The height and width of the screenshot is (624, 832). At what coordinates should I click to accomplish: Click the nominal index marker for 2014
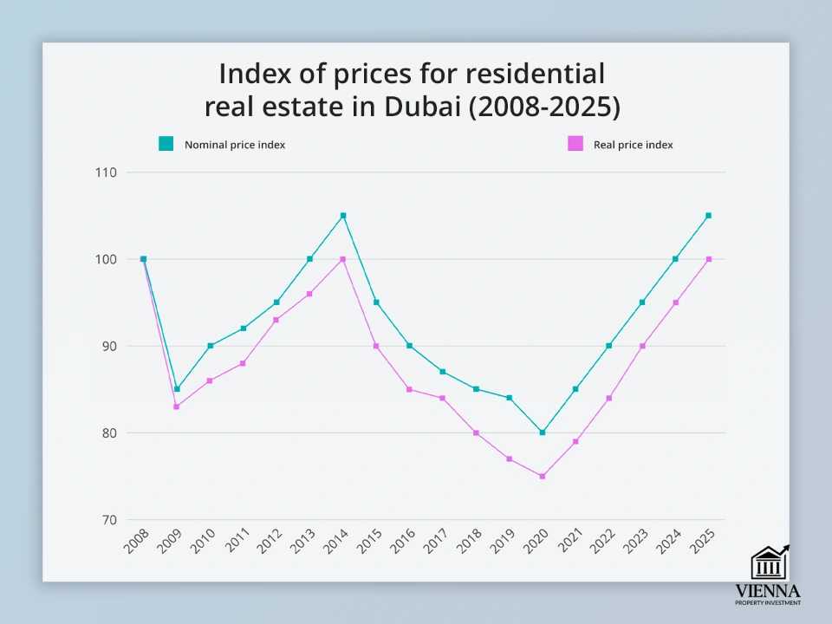[343, 216]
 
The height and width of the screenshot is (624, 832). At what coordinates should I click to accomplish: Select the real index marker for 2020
[543, 477]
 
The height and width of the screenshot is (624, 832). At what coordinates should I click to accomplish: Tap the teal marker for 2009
[177, 389]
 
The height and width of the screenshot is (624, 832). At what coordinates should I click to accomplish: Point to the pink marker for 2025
[709, 259]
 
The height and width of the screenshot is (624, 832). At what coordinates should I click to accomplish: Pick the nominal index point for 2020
[543, 432]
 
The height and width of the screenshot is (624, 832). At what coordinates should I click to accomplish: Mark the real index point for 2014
[343, 259]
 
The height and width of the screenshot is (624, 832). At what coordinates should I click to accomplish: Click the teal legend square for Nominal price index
[166, 144]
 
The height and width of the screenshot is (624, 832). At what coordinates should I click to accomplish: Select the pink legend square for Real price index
[575, 144]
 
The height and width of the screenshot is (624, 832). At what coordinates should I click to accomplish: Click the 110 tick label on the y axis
[106, 172]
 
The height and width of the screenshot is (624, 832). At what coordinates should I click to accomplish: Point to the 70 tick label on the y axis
[108, 520]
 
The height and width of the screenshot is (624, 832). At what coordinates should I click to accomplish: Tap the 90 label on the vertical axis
[108, 346]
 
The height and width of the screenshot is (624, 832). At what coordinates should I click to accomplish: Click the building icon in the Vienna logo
[768, 563]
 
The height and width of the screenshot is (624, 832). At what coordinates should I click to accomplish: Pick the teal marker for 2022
[609, 346]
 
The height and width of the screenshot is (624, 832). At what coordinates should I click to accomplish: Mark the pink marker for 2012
[276, 320]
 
